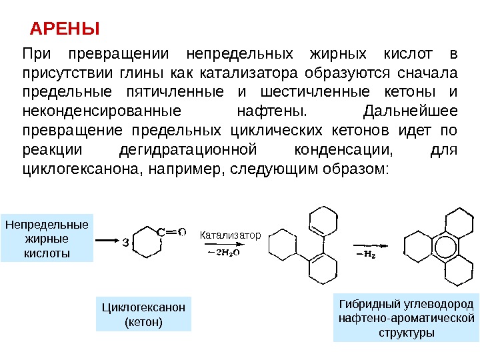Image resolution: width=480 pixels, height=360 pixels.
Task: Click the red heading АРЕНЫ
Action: [x=65, y=29]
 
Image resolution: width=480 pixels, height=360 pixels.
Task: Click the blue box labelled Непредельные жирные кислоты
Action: [x=47, y=238]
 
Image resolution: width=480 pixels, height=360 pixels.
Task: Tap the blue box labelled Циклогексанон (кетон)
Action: [x=143, y=314]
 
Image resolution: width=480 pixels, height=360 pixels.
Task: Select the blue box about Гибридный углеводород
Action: [x=406, y=317]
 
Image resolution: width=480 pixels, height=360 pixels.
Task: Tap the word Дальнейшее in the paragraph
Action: [x=409, y=110]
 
